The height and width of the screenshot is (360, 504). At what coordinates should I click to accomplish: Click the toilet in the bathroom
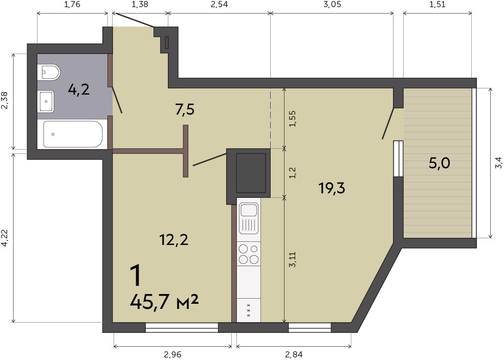(x=49, y=73)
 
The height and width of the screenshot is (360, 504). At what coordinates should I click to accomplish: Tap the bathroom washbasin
(x=46, y=101)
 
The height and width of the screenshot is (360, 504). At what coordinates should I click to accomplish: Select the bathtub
(x=73, y=134)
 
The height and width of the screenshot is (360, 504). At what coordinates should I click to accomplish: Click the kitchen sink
(x=249, y=218)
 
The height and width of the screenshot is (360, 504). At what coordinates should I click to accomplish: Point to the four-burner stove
(x=249, y=254)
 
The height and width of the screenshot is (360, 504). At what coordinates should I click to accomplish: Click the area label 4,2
(x=79, y=89)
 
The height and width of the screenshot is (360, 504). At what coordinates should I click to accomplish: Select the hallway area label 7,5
(x=185, y=109)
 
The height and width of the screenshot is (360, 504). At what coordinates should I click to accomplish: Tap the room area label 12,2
(x=174, y=239)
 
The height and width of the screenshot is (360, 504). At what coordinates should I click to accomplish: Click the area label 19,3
(x=332, y=188)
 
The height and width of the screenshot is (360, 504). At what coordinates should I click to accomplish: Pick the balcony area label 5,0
(x=440, y=163)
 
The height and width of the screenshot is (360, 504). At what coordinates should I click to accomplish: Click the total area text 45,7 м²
(x=164, y=302)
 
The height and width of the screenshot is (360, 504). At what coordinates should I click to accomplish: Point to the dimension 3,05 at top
(x=333, y=5)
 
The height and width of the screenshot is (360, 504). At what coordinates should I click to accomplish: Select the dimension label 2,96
(x=172, y=354)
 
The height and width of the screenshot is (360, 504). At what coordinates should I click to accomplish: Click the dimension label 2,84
(x=294, y=354)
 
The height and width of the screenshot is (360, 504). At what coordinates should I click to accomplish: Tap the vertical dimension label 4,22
(x=5, y=238)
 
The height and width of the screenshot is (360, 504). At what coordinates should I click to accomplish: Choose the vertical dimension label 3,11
(x=292, y=259)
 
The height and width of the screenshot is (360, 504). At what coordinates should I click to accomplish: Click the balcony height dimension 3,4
(x=498, y=163)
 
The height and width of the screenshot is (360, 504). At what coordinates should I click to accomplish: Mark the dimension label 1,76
(x=72, y=5)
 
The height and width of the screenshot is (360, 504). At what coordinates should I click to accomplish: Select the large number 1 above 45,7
(x=136, y=276)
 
